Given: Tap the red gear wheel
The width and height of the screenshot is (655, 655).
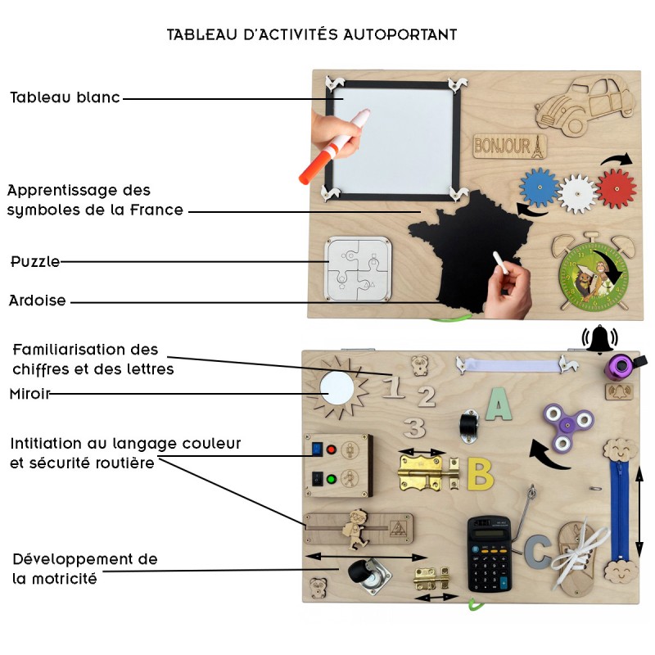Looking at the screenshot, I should click(x=617, y=188).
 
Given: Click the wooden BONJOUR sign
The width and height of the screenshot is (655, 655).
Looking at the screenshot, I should click(x=509, y=147).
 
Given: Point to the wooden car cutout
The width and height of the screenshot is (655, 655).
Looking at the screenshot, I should click(x=584, y=105).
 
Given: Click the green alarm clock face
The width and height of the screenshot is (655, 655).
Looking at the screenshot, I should click(x=594, y=277).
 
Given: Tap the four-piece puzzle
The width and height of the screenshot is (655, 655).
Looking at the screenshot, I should click(x=359, y=272).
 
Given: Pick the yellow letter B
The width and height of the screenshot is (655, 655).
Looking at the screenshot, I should click(x=481, y=474).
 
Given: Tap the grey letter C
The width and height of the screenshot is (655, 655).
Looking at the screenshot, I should click(x=538, y=551).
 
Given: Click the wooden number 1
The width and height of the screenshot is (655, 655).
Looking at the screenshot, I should click(x=394, y=385).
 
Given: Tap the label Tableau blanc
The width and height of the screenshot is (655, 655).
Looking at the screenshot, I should click(x=65, y=97).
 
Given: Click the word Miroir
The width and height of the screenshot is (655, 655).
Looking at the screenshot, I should click(x=30, y=394).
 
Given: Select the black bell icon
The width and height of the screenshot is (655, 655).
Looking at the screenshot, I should click(x=600, y=338).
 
